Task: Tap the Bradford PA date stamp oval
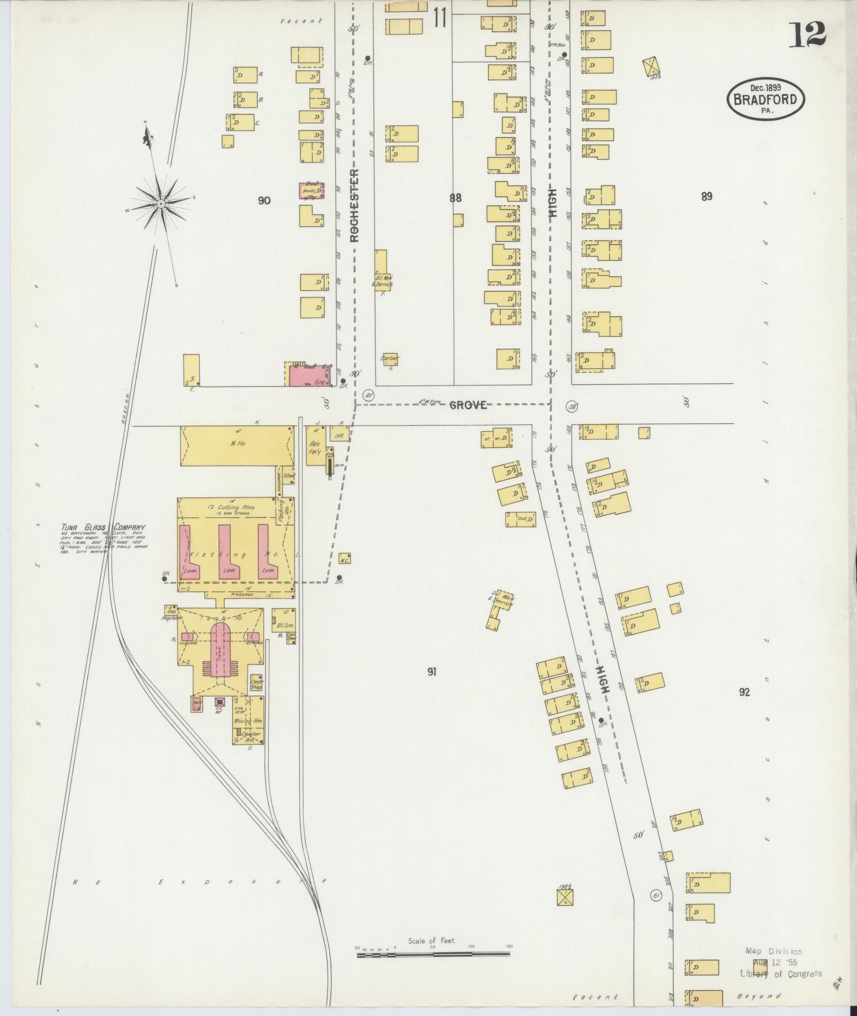click(765, 99)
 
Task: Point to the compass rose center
click(160, 203)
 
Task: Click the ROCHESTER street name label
click(354, 205)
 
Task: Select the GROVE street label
click(468, 405)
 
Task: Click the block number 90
click(264, 200)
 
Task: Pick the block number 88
click(455, 198)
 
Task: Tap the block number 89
click(706, 197)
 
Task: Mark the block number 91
click(431, 672)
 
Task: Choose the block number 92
click(744, 692)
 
